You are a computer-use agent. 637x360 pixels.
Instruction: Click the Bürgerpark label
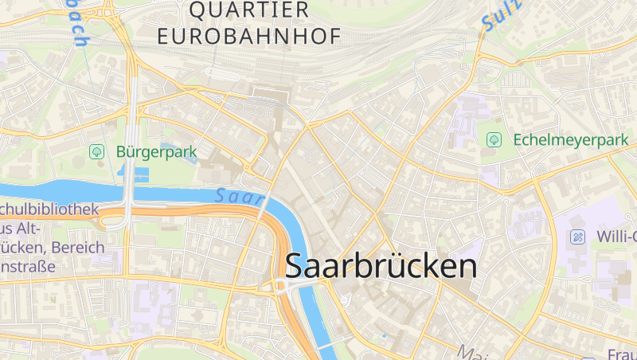pyautogui.click(x=156, y=151)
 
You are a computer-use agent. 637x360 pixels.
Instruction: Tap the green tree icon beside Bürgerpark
pyautogui.click(x=97, y=151)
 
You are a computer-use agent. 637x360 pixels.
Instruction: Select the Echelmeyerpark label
pyautogui.click(x=571, y=139)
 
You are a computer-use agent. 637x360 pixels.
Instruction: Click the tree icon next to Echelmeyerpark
pyautogui.click(x=494, y=139)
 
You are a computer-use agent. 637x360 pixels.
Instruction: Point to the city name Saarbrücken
pyautogui.click(x=381, y=265)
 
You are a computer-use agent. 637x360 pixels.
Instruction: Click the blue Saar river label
pyautogui.click(x=239, y=195)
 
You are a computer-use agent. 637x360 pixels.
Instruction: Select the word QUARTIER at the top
pyautogui.click(x=250, y=10)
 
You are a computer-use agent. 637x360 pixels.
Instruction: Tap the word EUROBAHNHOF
pyautogui.click(x=249, y=36)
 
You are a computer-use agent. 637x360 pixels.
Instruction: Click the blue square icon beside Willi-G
pyautogui.click(x=577, y=237)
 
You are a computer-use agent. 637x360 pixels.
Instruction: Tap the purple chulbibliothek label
pyautogui.click(x=49, y=209)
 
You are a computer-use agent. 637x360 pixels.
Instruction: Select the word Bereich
pyautogui.click(x=78, y=247)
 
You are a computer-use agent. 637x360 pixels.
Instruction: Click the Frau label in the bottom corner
pyautogui.click(x=622, y=353)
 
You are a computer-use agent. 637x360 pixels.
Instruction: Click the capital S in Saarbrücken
pyautogui.click(x=295, y=265)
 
